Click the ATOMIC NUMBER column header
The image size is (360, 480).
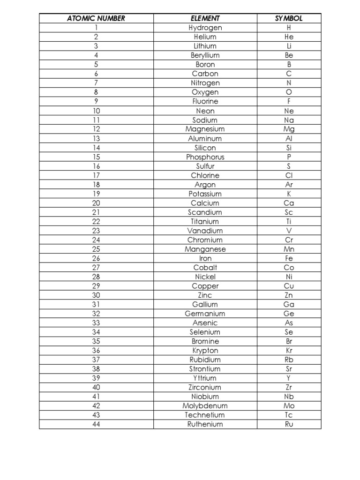pyautogui.click(x=96, y=18)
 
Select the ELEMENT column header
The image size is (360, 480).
pyautogui.click(x=205, y=18)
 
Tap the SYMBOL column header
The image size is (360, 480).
pyautogui.click(x=289, y=18)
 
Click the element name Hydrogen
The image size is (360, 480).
pyautogui.click(x=205, y=28)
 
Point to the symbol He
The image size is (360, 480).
pyautogui.click(x=289, y=37)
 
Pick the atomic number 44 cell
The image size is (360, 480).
pyautogui.click(x=96, y=424)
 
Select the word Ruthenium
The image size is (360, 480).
pyautogui.click(x=205, y=424)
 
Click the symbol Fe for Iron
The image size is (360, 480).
pyautogui.click(x=289, y=258)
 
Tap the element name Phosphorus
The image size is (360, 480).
pyautogui.click(x=205, y=157)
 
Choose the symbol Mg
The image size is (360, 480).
pyautogui.click(x=289, y=129)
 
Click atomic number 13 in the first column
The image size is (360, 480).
pyautogui.click(x=96, y=138)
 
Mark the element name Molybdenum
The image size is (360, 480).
pyautogui.click(x=205, y=406)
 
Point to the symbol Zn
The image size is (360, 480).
pyautogui.click(x=289, y=295)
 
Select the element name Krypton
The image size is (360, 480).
pyautogui.click(x=205, y=351)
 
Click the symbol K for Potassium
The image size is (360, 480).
pyautogui.click(x=289, y=194)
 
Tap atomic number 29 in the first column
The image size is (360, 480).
pyautogui.click(x=96, y=286)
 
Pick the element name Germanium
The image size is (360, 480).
pyautogui.click(x=205, y=314)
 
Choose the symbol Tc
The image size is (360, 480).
pyautogui.click(x=289, y=415)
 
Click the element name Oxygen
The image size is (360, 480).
pyautogui.click(x=205, y=92)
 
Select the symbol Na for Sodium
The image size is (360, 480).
pyautogui.click(x=289, y=120)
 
